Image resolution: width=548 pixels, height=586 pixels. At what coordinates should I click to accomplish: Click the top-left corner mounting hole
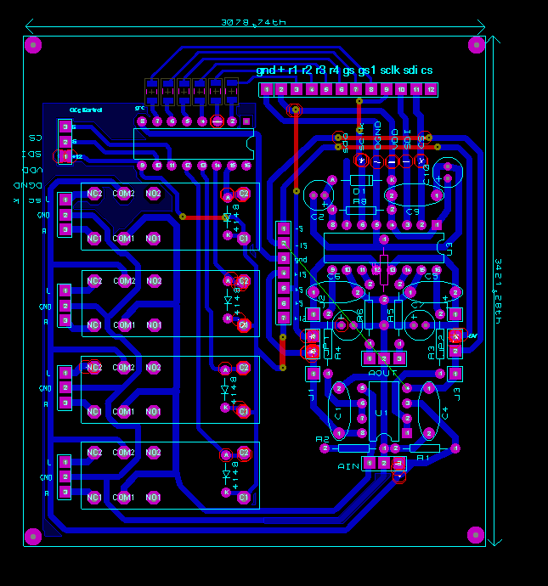click(x=33, y=45)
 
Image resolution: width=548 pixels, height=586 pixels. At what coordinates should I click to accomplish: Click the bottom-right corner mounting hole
click(x=476, y=534)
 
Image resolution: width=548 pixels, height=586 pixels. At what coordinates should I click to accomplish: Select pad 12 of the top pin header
click(x=432, y=89)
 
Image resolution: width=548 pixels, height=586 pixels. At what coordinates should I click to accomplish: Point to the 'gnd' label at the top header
click(x=266, y=70)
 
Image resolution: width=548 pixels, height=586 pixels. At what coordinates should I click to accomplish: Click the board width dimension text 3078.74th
click(x=252, y=23)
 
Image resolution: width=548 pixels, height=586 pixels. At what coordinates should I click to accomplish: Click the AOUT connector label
click(x=384, y=373)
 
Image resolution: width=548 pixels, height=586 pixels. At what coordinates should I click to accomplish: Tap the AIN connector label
click(x=349, y=466)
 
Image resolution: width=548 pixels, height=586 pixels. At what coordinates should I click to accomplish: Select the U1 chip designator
click(x=382, y=413)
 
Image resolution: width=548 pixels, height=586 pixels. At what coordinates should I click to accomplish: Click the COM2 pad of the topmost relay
click(x=125, y=194)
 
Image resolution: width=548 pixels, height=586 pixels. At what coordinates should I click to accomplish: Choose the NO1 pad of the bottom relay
click(x=154, y=497)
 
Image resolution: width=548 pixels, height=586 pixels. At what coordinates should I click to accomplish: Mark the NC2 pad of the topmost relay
click(x=94, y=194)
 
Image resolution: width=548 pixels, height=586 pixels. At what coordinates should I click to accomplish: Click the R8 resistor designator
click(x=359, y=202)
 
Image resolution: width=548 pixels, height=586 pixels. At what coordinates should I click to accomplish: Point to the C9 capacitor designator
click(x=413, y=211)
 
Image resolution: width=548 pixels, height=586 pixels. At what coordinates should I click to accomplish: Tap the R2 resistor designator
click(x=322, y=440)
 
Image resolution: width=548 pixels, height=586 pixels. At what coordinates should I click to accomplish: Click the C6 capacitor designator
click(x=333, y=277)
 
